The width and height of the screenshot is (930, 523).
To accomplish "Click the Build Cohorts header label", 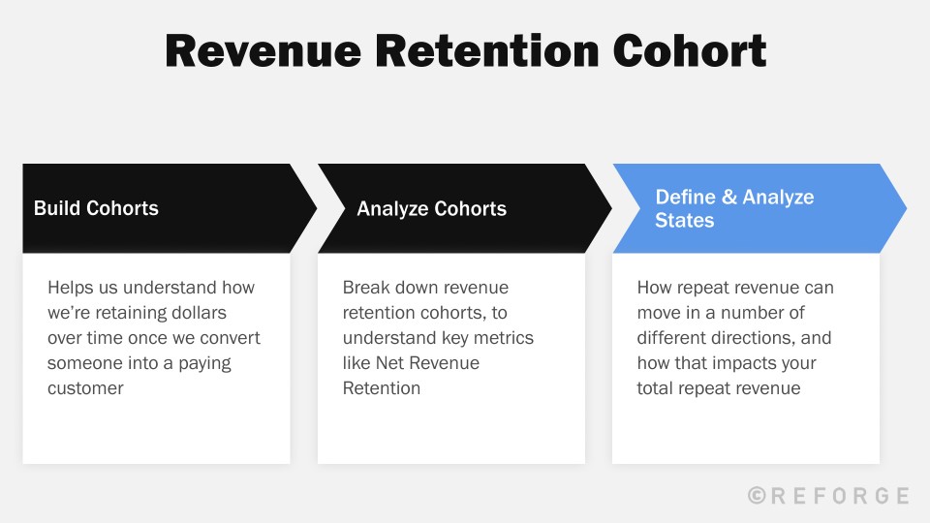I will tap(96, 208).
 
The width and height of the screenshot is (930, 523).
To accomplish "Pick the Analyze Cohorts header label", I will tap(431, 208).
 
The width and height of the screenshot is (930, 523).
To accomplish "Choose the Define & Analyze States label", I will tap(734, 208).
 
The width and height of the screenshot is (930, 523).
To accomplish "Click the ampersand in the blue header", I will tap(728, 197).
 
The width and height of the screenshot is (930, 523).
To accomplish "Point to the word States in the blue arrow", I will tap(684, 221).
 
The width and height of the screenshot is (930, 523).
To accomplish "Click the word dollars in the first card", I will tap(221, 313).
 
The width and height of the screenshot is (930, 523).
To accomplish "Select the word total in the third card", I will tap(657, 388).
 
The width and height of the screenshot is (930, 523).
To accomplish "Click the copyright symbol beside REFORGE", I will tap(759, 496).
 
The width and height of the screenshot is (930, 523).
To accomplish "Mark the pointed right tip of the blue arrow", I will tap(905, 208).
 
